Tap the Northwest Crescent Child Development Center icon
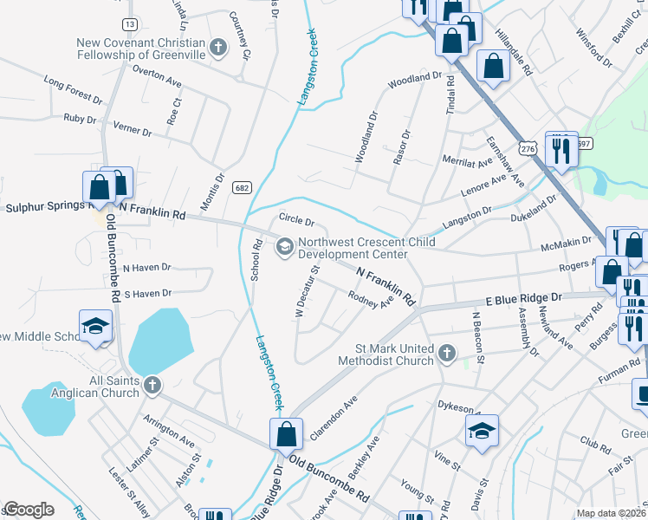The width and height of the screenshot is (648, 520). pos(283,249)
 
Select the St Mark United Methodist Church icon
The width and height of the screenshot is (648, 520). pos(446,353)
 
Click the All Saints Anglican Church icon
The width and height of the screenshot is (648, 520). pos(152,386)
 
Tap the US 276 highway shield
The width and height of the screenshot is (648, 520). pos(529,149)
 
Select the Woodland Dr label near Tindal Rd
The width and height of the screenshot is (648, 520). pos(415,79)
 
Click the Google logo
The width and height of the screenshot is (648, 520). pos(29,510)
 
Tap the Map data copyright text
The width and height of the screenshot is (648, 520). pos(611,513)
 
